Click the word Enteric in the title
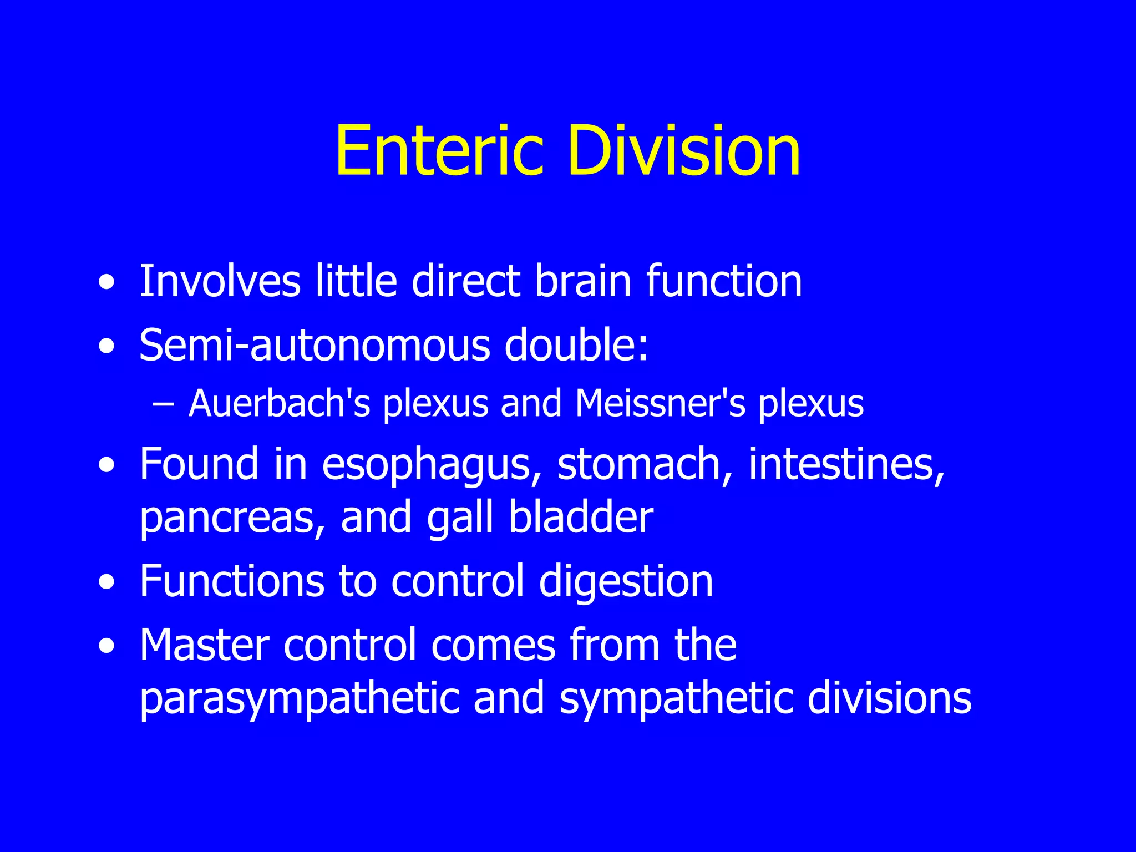pyautogui.click(x=438, y=151)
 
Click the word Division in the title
pyautogui.click(x=683, y=151)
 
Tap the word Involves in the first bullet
pyautogui.click(x=220, y=281)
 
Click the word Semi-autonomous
pyautogui.click(x=315, y=346)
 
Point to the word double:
pyautogui.click(x=576, y=346)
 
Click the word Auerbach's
pyautogui.click(x=279, y=403)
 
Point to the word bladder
pyautogui.click(x=581, y=517)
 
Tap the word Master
pyautogui.click(x=204, y=645)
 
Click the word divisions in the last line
pyautogui.click(x=889, y=698)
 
